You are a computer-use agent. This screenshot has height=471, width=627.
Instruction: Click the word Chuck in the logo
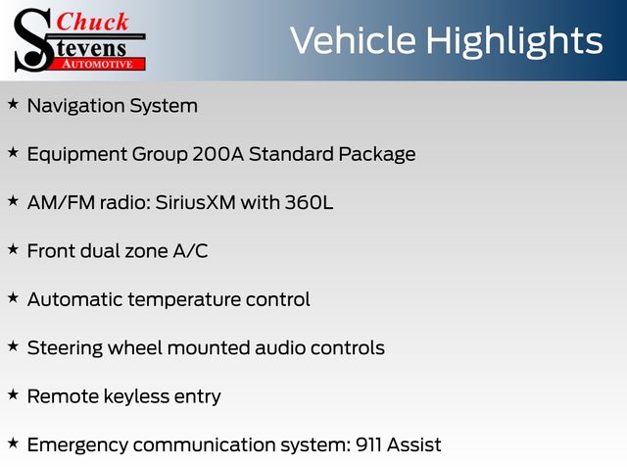(x=92, y=22)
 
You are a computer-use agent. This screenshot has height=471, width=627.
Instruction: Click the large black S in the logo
(x=33, y=40)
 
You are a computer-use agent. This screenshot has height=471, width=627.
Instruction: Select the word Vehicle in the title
(x=353, y=40)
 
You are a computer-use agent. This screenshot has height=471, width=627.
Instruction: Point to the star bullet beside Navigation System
(x=13, y=104)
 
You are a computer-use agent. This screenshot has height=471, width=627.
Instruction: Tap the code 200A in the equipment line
(x=217, y=154)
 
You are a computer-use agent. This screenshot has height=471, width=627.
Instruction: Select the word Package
(x=376, y=155)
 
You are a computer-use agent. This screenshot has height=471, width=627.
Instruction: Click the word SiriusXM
(x=195, y=202)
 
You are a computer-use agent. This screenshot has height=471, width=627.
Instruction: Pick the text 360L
(x=309, y=202)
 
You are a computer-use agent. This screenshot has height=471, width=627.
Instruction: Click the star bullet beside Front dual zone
(x=13, y=249)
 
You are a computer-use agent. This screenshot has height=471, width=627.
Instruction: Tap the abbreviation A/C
(x=190, y=251)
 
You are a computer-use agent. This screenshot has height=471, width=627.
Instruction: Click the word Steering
(x=65, y=349)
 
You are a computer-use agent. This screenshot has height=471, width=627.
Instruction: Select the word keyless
(x=136, y=396)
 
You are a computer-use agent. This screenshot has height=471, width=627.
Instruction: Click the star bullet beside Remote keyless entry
(x=13, y=394)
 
